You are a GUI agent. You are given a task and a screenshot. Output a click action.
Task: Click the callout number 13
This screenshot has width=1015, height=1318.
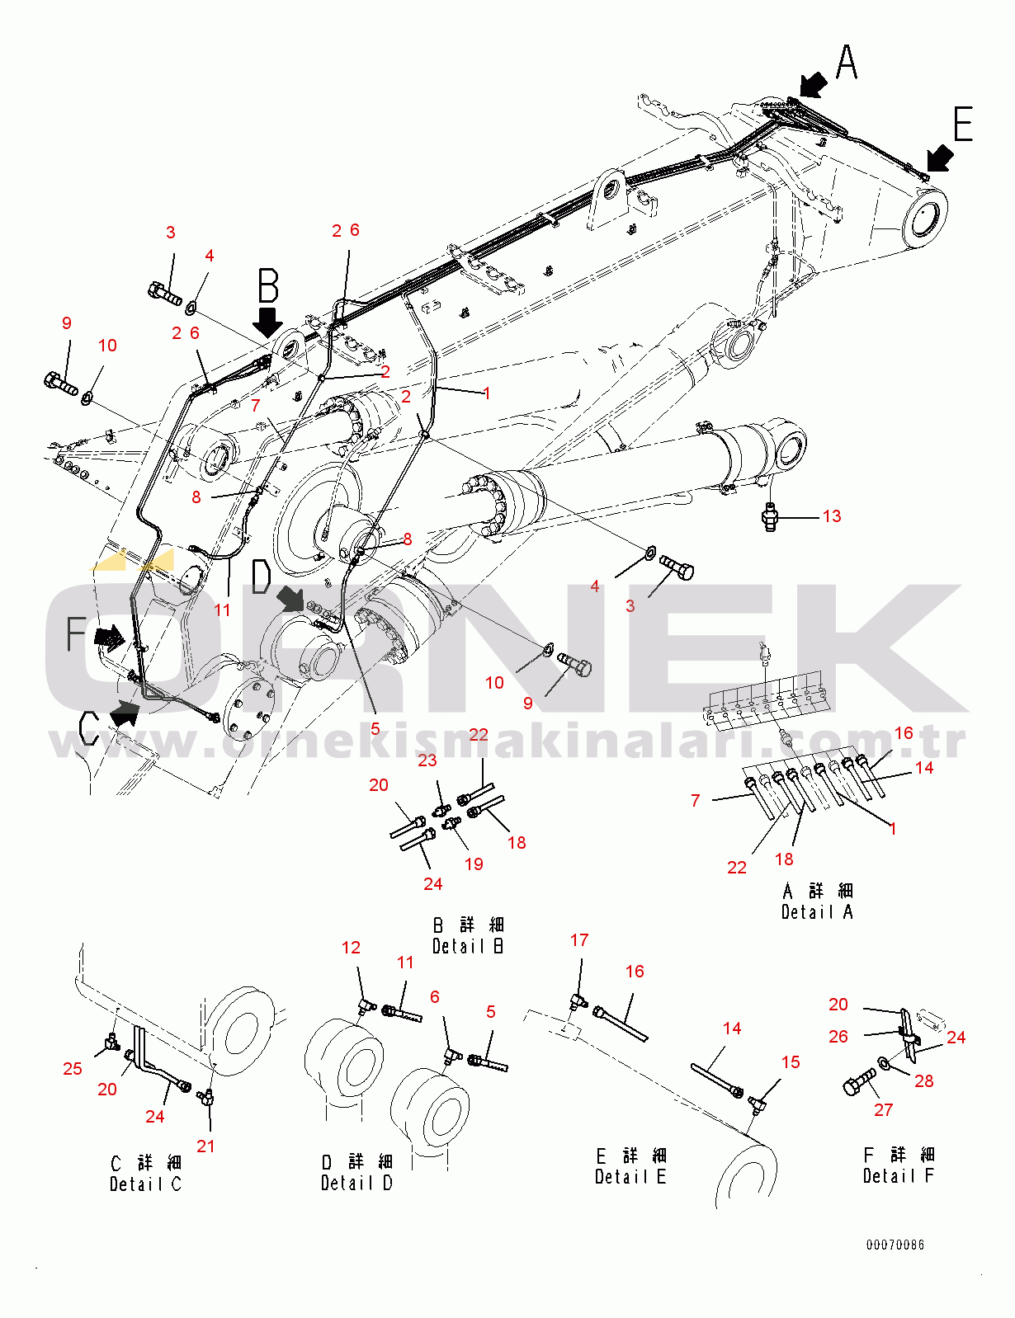pyautogui.click(x=832, y=516)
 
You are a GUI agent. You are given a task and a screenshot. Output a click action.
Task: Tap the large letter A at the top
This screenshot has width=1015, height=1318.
pyautogui.click(x=847, y=63)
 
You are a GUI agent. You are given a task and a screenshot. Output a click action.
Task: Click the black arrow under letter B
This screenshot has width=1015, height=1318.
pyautogui.click(x=267, y=322)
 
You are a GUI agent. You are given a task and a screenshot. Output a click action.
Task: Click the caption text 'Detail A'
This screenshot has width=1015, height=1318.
pyautogui.click(x=817, y=912)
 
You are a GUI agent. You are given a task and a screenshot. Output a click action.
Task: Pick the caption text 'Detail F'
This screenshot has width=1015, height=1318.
pyautogui.click(x=899, y=1176)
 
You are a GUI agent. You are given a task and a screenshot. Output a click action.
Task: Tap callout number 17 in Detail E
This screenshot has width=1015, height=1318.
pyautogui.click(x=579, y=940)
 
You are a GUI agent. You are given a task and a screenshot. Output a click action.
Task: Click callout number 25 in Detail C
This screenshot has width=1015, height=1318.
pyautogui.click(x=72, y=1069)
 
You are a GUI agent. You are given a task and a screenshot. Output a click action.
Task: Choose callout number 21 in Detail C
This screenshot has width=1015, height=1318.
pyautogui.click(x=205, y=1146)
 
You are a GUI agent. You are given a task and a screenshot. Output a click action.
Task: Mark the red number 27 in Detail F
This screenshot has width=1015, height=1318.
pyautogui.click(x=883, y=1110)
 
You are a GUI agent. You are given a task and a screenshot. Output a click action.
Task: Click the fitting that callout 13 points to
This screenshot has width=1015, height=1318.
pyautogui.click(x=769, y=517)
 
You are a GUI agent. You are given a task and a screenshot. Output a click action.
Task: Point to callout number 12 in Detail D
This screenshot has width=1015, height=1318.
pyautogui.click(x=351, y=948)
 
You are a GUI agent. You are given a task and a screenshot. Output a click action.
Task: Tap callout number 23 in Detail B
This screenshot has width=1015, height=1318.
pyautogui.click(x=427, y=760)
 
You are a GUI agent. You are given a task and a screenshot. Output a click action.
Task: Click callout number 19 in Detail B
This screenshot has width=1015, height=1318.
pyautogui.click(x=474, y=864)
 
